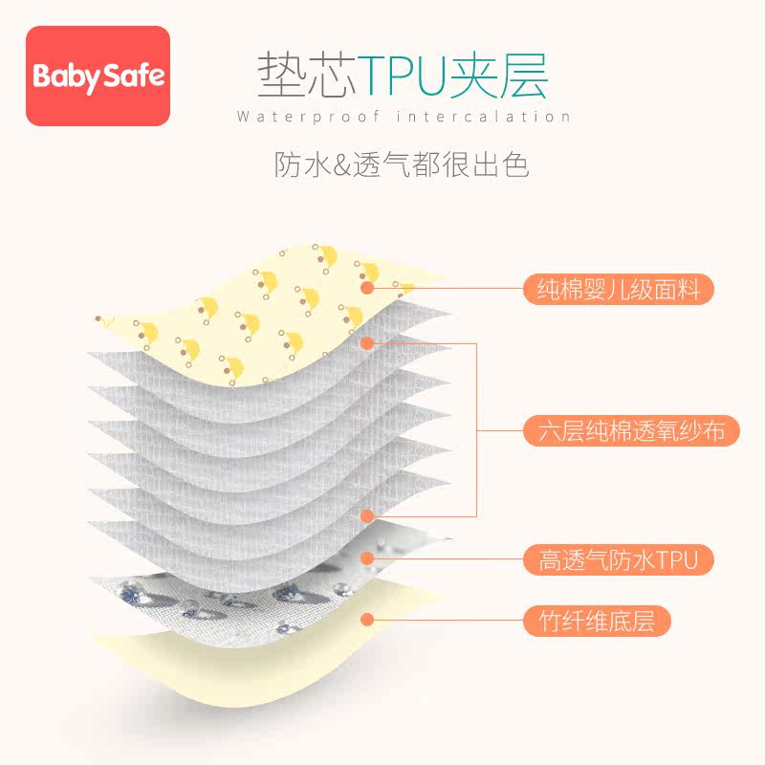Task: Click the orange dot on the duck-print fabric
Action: click(x=366, y=286)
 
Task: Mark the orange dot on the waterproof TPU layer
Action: click(x=366, y=558)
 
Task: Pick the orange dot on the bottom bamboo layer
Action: click(x=366, y=620)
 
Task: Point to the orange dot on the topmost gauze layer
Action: click(x=366, y=341)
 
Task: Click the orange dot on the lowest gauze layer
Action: click(x=366, y=515)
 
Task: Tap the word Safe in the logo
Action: click(x=133, y=76)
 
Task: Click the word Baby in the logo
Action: click(x=66, y=76)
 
